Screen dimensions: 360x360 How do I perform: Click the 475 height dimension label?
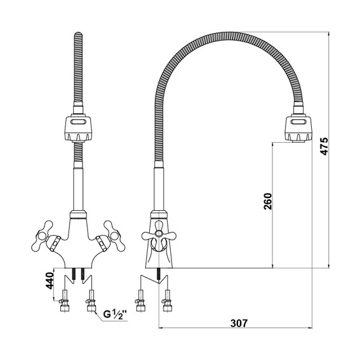coord(324,146)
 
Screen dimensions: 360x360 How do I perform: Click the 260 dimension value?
coord(268,201)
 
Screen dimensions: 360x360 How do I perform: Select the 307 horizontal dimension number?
coord(239,323)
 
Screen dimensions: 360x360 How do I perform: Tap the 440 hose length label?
coord(49,281)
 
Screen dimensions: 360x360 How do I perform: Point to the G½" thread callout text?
coord(115,314)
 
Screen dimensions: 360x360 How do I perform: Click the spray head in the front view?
coord(78,128)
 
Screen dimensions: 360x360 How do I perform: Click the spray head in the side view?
coord(298,128)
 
